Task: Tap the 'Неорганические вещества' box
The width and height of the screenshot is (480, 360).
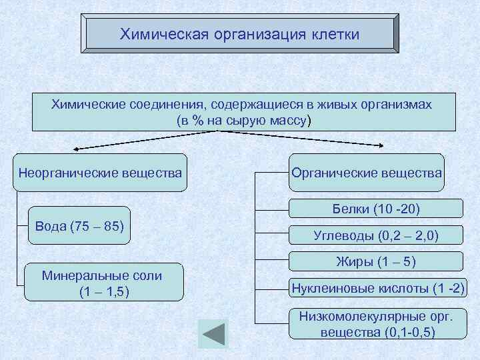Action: (100, 173)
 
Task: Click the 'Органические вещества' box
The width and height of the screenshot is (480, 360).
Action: (367, 173)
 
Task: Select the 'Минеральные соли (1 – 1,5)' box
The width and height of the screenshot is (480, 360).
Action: (103, 283)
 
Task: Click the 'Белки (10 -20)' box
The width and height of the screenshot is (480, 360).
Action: (377, 209)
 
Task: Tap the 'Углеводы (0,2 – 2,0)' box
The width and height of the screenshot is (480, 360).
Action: (377, 235)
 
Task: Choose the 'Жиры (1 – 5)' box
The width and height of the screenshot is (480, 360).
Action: (377, 261)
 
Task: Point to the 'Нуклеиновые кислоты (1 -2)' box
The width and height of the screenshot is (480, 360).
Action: (378, 288)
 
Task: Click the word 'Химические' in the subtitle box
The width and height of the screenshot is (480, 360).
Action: (84, 105)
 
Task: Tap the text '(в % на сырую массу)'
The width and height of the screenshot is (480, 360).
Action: (243, 121)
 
